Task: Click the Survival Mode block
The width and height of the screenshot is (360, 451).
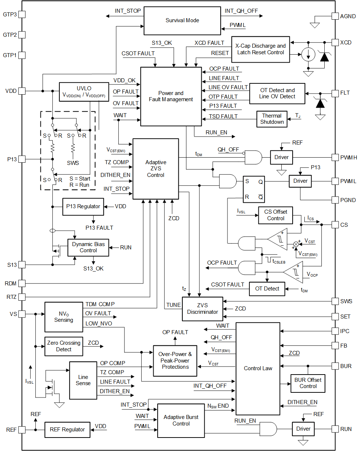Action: click(182, 21)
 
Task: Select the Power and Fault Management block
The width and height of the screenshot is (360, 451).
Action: click(171, 96)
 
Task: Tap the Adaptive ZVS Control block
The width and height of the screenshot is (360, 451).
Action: click(156, 169)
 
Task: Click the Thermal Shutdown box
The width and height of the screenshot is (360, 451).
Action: click(272, 119)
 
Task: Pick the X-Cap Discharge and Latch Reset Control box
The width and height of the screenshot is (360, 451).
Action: click(261, 50)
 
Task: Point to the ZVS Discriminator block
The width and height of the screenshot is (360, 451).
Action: click(202, 309)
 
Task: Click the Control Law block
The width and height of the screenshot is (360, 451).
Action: click(258, 368)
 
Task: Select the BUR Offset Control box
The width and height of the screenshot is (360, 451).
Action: click(308, 383)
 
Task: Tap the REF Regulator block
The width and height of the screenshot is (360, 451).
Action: click(67, 430)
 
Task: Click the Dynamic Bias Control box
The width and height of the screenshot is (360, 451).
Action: click(88, 248)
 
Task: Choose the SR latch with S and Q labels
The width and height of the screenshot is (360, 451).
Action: click(254, 189)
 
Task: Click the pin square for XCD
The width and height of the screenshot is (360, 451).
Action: click(335, 43)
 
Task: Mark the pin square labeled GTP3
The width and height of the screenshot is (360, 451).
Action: click(22, 15)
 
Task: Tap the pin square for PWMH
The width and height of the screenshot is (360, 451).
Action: click(335, 158)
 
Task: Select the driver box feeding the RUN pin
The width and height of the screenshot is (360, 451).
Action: click(303, 429)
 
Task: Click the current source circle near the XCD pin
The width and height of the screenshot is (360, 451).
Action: click(308, 55)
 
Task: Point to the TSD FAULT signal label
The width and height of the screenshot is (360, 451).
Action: click(223, 116)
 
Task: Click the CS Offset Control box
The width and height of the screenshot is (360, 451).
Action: click(276, 215)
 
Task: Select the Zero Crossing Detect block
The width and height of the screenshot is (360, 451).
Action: click(64, 346)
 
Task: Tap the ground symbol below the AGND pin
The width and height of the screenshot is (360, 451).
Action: click(314, 25)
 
